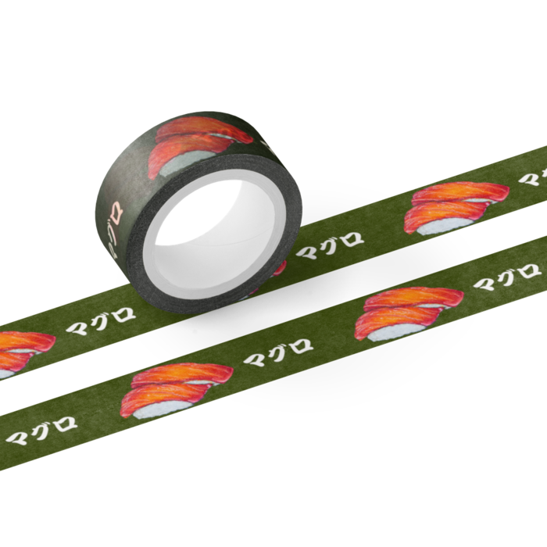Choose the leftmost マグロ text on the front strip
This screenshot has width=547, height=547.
[x=41, y=430]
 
